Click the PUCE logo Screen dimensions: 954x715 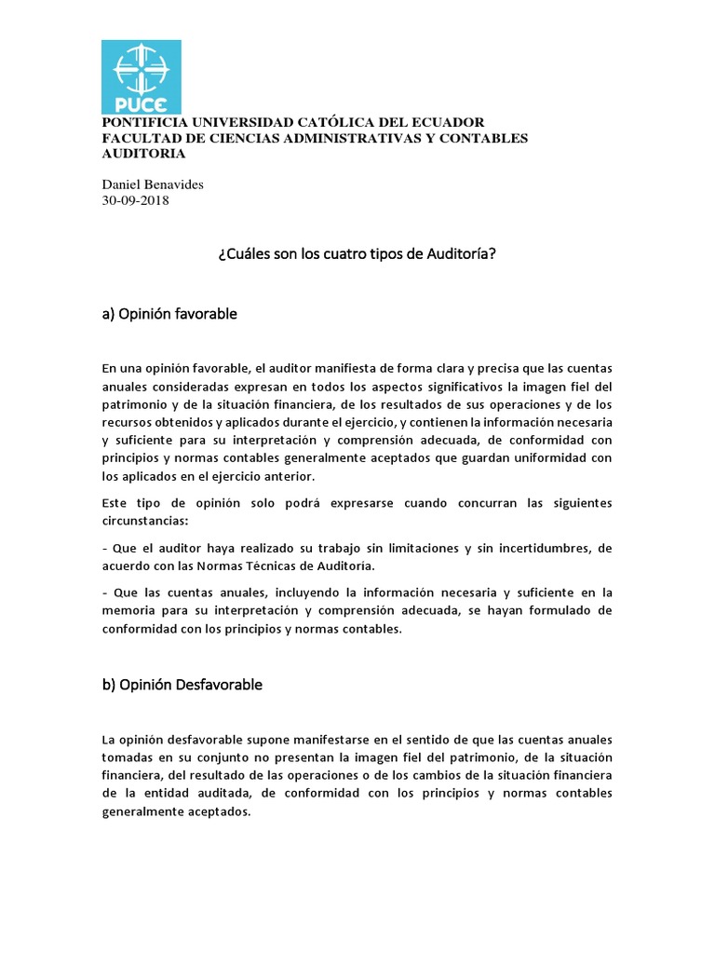coord(141,76)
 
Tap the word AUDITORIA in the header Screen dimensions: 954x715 coord(143,154)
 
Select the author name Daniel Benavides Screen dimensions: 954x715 coord(152,184)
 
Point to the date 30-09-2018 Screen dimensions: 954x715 coord(135,199)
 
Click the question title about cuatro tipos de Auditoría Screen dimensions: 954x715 coord(357,253)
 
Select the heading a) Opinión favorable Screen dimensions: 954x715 coord(169,314)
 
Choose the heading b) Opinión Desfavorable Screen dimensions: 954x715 coord(182,685)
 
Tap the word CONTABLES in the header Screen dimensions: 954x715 coord(480,138)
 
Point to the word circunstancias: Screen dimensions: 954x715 coord(145,521)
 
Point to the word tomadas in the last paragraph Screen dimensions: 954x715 coord(128,757)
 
